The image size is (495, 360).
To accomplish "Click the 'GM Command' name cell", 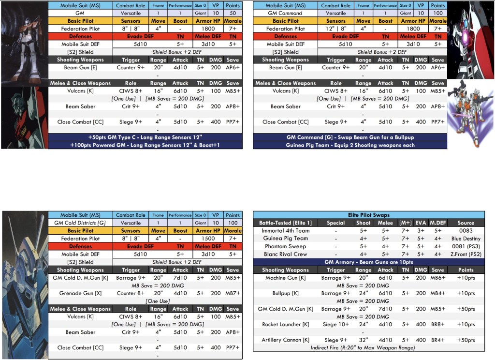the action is point(285,13).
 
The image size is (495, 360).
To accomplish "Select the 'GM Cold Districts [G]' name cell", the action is point(80,223).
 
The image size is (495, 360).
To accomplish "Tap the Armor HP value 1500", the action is point(208,239).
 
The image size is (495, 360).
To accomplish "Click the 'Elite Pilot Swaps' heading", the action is point(369,215).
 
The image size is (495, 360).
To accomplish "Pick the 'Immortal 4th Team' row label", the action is point(285,231).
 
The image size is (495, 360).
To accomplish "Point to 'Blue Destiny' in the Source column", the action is point(466,239).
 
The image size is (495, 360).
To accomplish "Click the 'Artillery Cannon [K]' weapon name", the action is point(285,340).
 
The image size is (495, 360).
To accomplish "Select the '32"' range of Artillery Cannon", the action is point(363,340).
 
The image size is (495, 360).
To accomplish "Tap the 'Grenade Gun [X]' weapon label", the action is point(80,293).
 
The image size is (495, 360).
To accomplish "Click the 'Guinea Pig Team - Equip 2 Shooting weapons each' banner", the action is point(350,145).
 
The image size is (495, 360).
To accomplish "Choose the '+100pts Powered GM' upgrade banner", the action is point(145,145).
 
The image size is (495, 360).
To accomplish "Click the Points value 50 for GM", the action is point(233,13).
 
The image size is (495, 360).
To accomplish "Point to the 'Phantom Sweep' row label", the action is point(285,246).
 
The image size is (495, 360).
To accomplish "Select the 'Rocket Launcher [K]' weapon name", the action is point(285,324).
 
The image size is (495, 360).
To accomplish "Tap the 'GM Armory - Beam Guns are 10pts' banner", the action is point(369,262).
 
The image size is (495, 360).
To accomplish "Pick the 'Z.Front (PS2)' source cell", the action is point(466,254).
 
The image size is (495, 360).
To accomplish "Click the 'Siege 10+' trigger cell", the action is point(335,324).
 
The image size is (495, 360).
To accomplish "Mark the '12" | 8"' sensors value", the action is point(336,29).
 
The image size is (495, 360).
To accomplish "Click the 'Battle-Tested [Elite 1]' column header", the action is point(285,223).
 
